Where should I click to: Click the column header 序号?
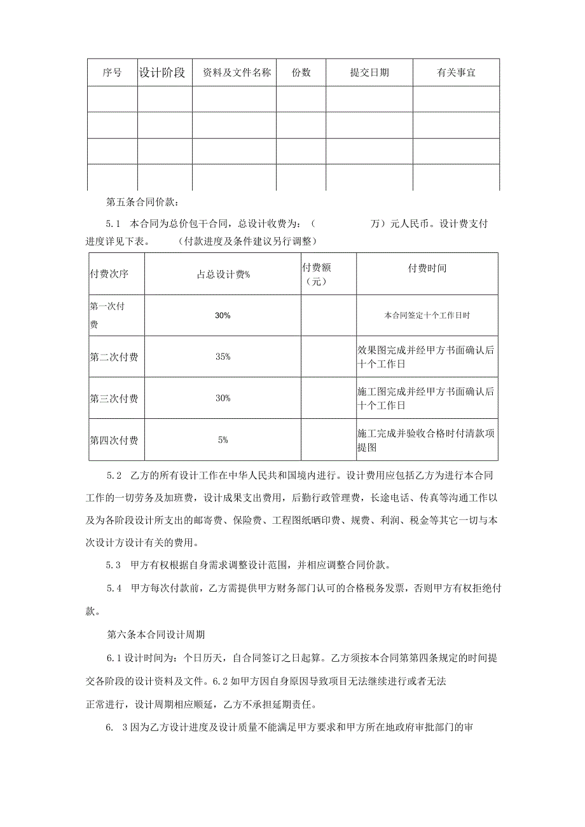(112, 72)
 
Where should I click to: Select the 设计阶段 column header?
(162, 72)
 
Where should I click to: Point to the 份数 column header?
(301, 72)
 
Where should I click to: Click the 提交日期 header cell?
(369, 72)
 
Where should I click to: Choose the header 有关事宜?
(456, 72)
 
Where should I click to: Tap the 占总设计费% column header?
(223, 274)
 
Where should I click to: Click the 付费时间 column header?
(427, 268)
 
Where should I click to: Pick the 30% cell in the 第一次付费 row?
(223, 315)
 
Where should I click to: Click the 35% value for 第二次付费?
(223, 357)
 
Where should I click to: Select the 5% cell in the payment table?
(223, 439)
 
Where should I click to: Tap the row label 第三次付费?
(114, 399)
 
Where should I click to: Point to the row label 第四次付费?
(114, 440)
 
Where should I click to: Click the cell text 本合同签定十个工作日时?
(427, 315)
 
